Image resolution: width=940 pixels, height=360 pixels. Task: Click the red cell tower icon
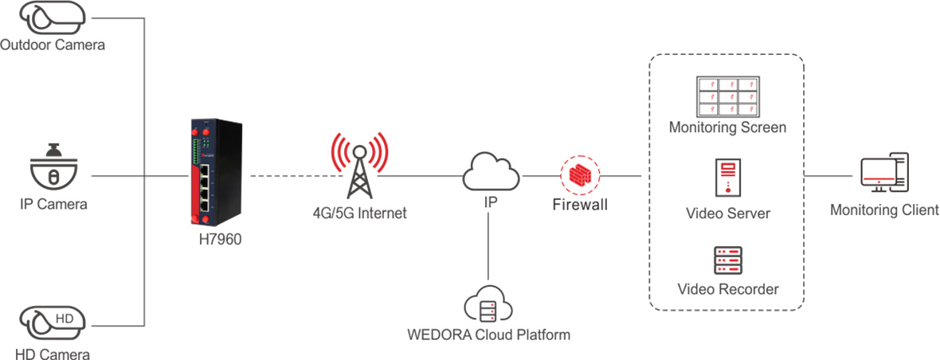click(359, 164)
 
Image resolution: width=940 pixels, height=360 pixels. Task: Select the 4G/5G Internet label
click(360, 213)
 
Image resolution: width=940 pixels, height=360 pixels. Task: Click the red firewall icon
click(580, 175)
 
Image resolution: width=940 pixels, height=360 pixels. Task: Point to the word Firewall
click(580, 205)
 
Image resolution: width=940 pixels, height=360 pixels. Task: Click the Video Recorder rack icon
click(727, 260)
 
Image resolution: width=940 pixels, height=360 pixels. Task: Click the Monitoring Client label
click(883, 210)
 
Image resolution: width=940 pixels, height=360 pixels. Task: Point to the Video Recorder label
click(727, 289)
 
